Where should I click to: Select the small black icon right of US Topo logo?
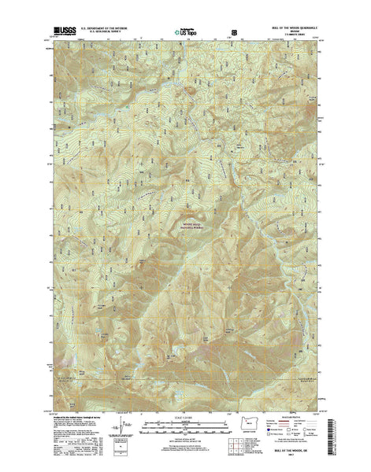click(x=233, y=33)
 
